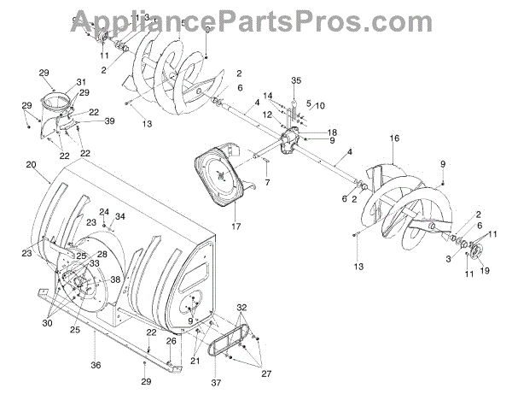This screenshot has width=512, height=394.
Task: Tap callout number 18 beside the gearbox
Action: click(x=331, y=132)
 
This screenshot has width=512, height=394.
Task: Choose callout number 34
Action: click(x=120, y=216)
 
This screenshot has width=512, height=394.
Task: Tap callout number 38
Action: click(x=114, y=279)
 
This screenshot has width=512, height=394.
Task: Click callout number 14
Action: click(x=267, y=96)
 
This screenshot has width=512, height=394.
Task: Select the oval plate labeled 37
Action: click(x=226, y=350)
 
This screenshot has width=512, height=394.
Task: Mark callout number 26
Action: click(x=171, y=342)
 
